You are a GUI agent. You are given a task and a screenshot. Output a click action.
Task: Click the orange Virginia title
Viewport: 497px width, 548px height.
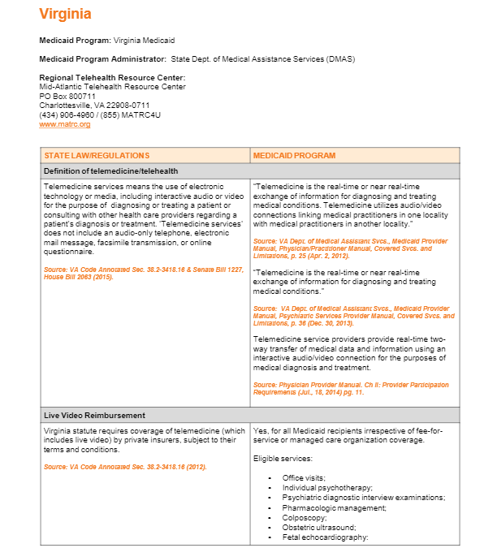[x=65, y=14]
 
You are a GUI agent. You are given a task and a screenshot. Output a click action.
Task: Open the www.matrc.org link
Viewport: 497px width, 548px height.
[x=64, y=124]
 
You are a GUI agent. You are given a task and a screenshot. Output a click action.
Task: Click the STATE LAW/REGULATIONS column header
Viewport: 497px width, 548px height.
[x=97, y=155]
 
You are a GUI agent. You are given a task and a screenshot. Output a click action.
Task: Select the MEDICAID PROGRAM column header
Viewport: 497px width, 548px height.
[x=294, y=155]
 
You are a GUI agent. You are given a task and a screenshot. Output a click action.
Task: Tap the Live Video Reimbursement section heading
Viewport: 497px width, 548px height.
[x=95, y=415]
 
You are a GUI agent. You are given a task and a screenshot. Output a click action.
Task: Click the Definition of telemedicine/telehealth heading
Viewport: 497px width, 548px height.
[x=111, y=170]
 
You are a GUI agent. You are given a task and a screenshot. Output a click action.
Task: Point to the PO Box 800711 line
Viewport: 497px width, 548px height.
[x=67, y=96]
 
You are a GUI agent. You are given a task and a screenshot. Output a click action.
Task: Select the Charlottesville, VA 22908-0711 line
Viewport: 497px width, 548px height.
[x=94, y=105]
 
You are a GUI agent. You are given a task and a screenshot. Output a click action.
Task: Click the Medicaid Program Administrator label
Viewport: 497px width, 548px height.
[x=102, y=58]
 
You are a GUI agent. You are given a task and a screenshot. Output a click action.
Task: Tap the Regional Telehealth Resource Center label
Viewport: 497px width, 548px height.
[x=112, y=77]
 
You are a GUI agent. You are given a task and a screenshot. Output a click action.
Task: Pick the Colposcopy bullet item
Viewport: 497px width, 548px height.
[x=305, y=517]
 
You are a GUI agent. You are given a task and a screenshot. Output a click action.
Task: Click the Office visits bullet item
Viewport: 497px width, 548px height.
[x=305, y=477]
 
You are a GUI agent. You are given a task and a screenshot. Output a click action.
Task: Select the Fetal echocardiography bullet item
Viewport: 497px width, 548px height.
[x=325, y=537]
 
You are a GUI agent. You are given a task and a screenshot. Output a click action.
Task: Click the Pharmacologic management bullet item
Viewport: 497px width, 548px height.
[x=334, y=507]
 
